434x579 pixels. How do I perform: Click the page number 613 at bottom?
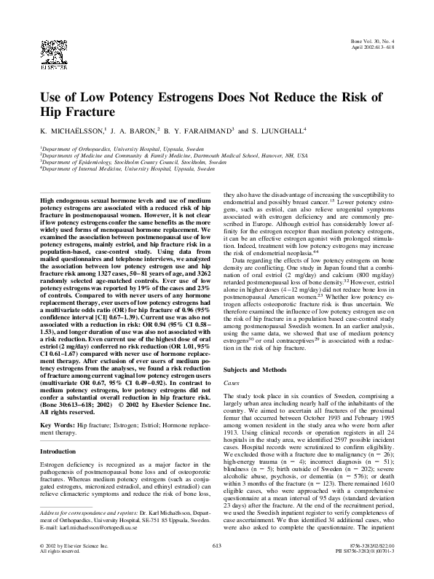click(216, 565)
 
